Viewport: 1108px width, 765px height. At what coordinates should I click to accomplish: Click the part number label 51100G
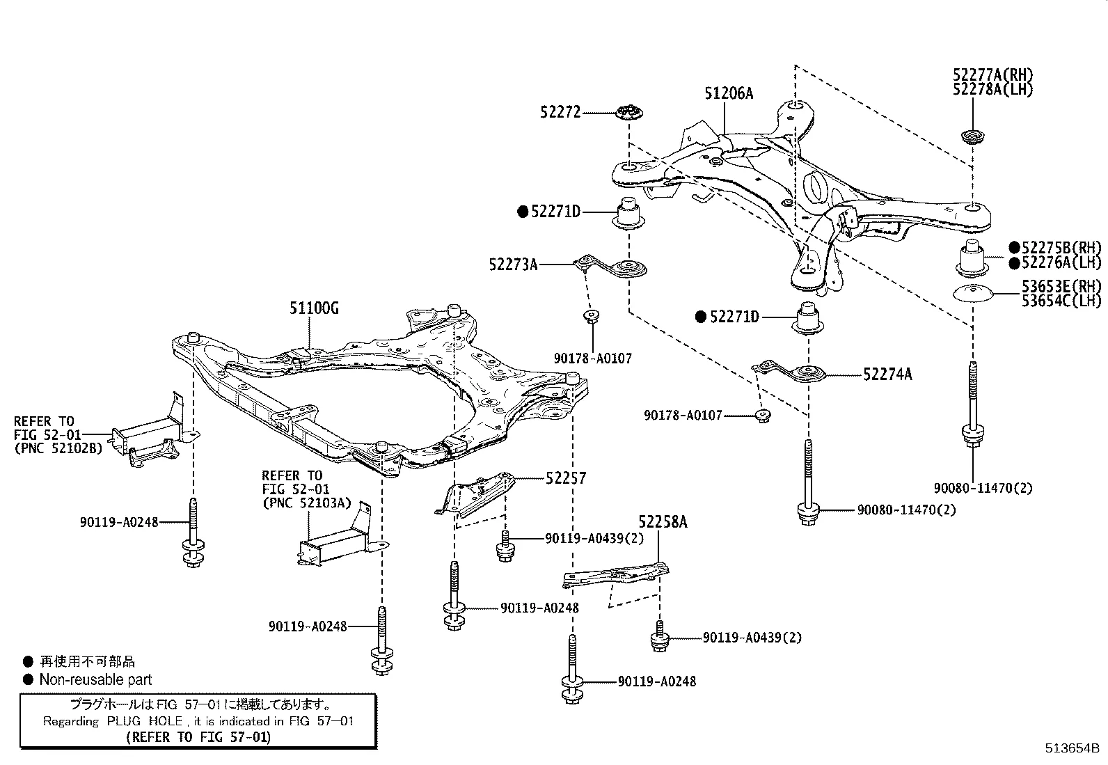coord(314,308)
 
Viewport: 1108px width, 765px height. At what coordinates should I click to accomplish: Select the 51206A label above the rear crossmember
coord(729,93)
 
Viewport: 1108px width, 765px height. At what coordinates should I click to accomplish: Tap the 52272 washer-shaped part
coord(631,112)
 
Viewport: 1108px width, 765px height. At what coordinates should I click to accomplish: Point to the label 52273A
coord(513,265)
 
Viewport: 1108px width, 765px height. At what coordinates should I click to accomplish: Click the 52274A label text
coord(887,374)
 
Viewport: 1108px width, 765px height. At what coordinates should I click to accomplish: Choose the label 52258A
coord(663,522)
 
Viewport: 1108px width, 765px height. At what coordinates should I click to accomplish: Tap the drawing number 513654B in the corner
coord(1071,749)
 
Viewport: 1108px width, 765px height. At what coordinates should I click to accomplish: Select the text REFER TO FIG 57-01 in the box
coord(198,736)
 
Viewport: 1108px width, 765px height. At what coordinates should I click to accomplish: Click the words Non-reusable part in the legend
coord(95,680)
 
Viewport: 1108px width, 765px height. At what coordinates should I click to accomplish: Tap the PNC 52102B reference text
coord(58,448)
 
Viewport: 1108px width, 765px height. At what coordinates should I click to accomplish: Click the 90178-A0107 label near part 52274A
coord(683,416)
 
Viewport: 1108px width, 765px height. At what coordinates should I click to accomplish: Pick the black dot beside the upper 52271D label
coord(523,212)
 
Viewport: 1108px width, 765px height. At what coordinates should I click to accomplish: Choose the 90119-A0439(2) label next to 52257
coord(594,538)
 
